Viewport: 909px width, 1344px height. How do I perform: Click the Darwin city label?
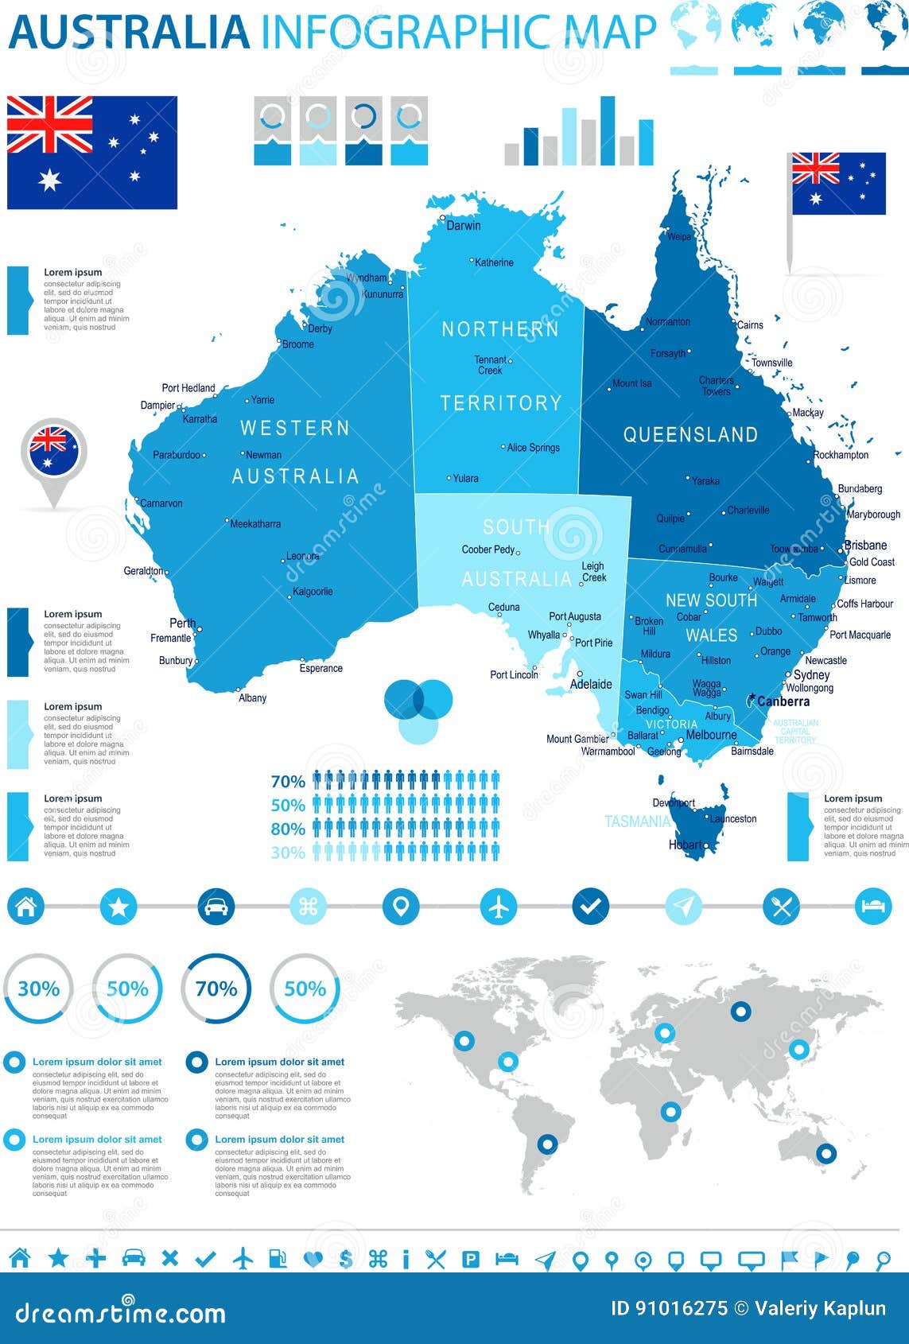(463, 226)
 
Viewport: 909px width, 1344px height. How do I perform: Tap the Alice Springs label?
(533, 448)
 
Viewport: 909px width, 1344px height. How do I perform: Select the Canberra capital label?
(783, 701)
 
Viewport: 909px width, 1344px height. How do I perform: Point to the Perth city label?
(182, 623)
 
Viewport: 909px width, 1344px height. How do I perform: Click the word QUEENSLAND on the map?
(690, 435)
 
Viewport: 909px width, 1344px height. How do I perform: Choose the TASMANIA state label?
(637, 822)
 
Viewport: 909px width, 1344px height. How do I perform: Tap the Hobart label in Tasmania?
(686, 845)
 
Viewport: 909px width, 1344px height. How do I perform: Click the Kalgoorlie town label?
(313, 592)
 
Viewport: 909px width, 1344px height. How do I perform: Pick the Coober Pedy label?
(488, 550)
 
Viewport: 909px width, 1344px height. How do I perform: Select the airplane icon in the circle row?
(499, 906)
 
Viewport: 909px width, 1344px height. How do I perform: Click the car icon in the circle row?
(216, 906)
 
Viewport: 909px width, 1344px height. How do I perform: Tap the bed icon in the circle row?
(872, 906)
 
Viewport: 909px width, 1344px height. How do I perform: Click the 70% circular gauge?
(216, 989)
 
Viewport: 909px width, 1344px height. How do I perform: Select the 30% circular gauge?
(38, 989)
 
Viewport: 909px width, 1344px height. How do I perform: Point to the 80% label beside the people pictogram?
(288, 829)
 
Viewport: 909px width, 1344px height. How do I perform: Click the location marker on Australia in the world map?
(826, 1152)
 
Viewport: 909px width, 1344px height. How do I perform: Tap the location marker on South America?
(547, 1144)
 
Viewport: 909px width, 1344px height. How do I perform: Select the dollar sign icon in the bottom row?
(345, 1259)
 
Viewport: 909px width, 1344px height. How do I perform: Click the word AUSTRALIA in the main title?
(130, 32)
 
